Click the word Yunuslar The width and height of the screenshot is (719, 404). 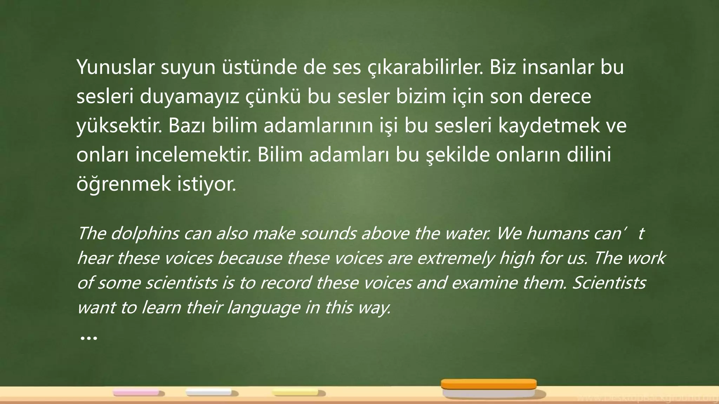click(x=116, y=67)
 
